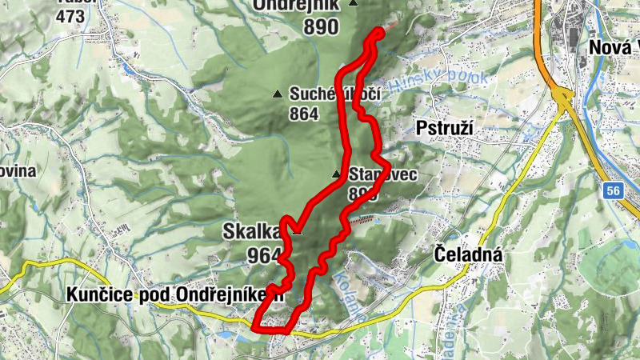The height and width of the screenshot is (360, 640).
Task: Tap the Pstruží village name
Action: pyautogui.click(x=446, y=128)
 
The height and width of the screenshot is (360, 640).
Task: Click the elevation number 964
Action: pyautogui.click(x=263, y=256)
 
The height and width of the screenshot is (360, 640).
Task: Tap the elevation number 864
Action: pyautogui.click(x=305, y=114)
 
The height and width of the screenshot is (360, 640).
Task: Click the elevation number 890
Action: pyautogui.click(x=320, y=26)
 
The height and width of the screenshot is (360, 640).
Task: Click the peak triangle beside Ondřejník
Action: pyautogui.click(x=353, y=4)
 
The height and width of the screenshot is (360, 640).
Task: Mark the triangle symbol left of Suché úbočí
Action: pyautogui.click(x=278, y=94)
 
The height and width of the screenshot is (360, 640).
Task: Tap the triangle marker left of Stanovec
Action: pyautogui.click(x=337, y=174)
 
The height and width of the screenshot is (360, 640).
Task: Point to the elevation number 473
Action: pyautogui.click(x=70, y=15)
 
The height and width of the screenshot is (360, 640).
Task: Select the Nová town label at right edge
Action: pyautogui.click(x=613, y=48)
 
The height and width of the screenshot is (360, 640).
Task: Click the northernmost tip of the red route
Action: pyautogui.click(x=379, y=30)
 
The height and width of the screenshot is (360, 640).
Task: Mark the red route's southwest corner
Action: pyautogui.click(x=254, y=328)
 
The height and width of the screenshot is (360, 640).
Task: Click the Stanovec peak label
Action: pyautogui.click(x=382, y=174)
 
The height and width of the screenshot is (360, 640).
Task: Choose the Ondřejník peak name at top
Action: pyautogui.click(x=294, y=5)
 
